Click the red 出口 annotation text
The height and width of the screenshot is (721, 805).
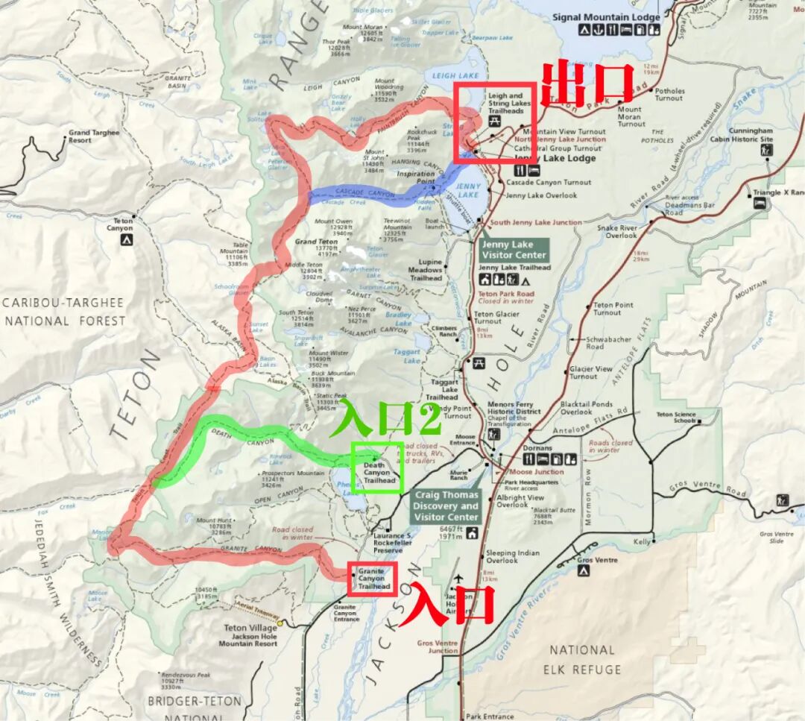point(587,84)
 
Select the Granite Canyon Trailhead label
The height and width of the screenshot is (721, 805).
point(373,579)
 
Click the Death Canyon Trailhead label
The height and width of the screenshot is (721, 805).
point(379,473)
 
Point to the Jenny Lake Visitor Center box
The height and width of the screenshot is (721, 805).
point(514,250)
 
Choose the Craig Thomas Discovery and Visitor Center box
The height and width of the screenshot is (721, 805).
point(446,506)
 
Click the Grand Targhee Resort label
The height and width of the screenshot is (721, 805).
point(94,136)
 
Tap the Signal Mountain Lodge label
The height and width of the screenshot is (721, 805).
point(606,17)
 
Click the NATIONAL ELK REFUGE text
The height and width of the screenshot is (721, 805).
point(581,659)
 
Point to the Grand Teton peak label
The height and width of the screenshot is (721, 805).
point(316,242)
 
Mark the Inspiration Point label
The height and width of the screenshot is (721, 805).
point(415,177)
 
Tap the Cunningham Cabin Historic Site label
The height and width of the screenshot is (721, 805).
point(751,135)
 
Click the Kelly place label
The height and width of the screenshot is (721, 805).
point(642,542)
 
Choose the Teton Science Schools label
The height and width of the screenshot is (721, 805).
point(675,418)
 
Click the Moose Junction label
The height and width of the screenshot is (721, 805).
point(537,472)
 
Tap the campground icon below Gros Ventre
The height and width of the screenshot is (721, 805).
point(584,570)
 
